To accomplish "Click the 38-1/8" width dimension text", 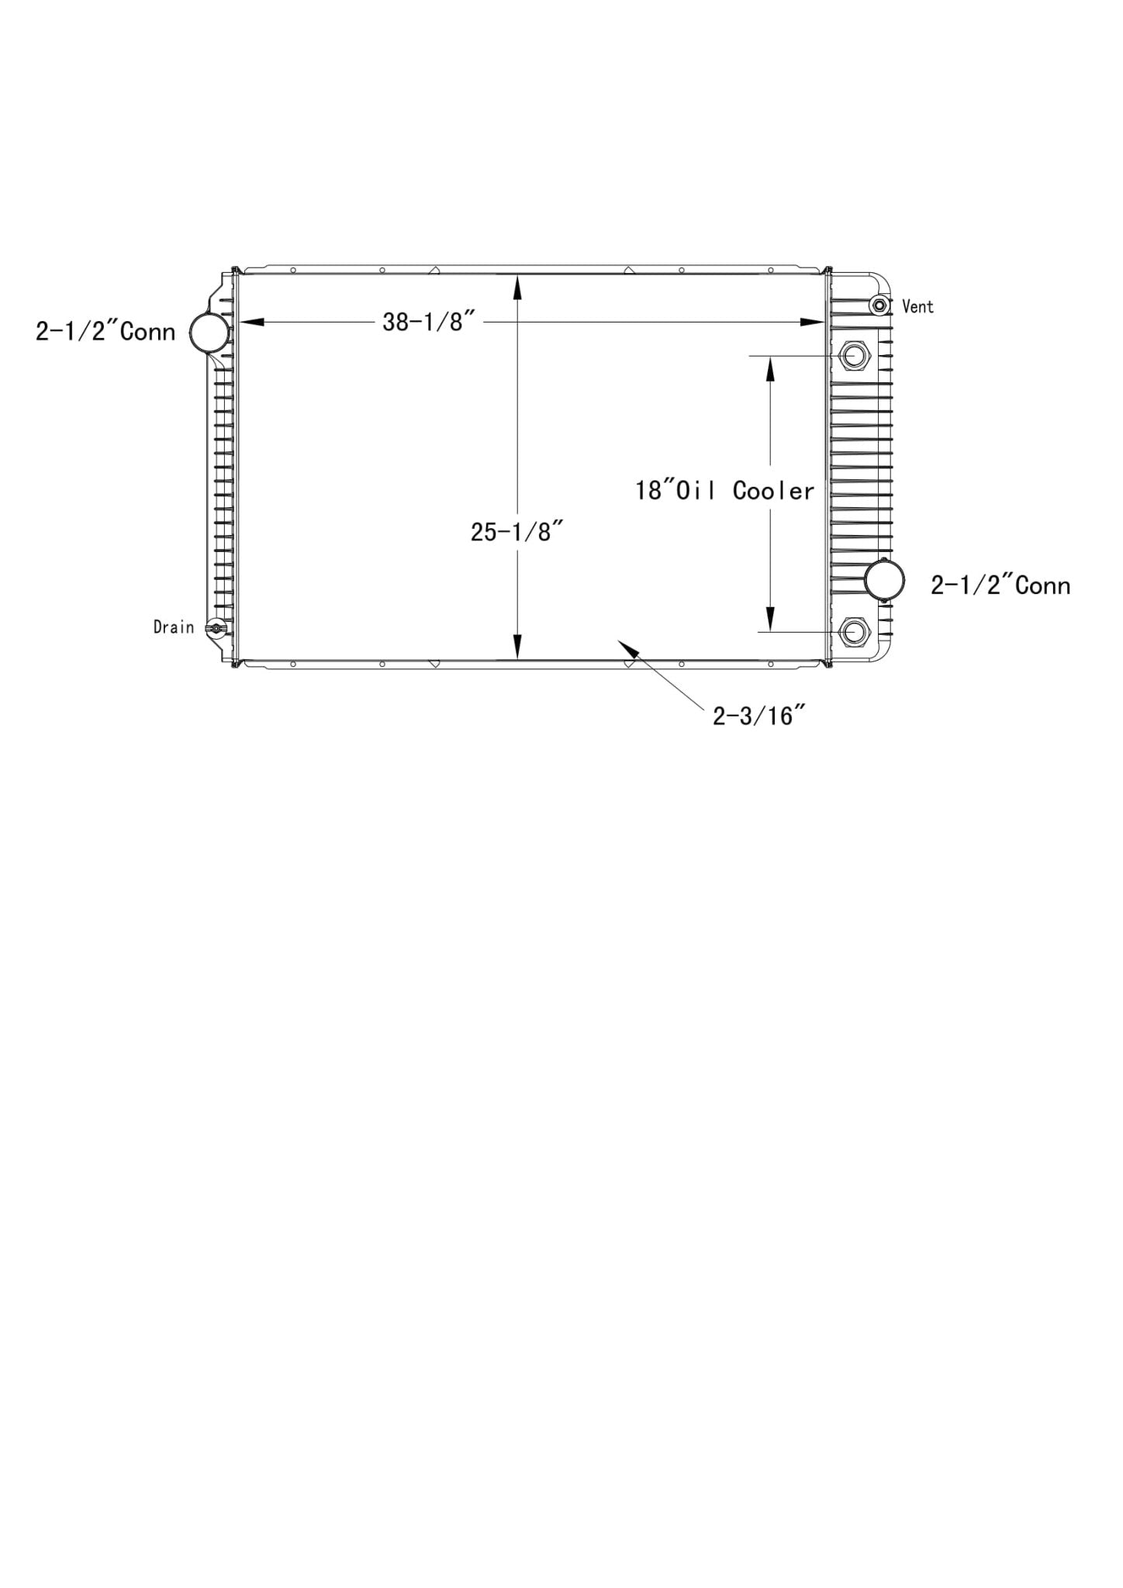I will coord(428,322).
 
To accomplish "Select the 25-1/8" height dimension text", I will coord(516,532).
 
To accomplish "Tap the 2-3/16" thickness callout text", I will coord(754,715).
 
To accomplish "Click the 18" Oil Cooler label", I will coord(725,491).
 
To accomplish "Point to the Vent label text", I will coord(917,307).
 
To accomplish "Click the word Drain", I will coord(174,627).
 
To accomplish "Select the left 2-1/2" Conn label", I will coord(105,332).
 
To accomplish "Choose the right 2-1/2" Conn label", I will coord(1000,585).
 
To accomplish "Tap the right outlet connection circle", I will coord(885,579).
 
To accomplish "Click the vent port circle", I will coord(879,306).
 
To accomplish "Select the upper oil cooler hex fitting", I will coord(855,356).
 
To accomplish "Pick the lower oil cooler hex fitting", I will coord(854,632).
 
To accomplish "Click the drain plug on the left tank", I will coord(216,628).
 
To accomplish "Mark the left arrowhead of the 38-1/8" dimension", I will coord(250,322).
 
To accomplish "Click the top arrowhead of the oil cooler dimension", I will coord(770,369).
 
